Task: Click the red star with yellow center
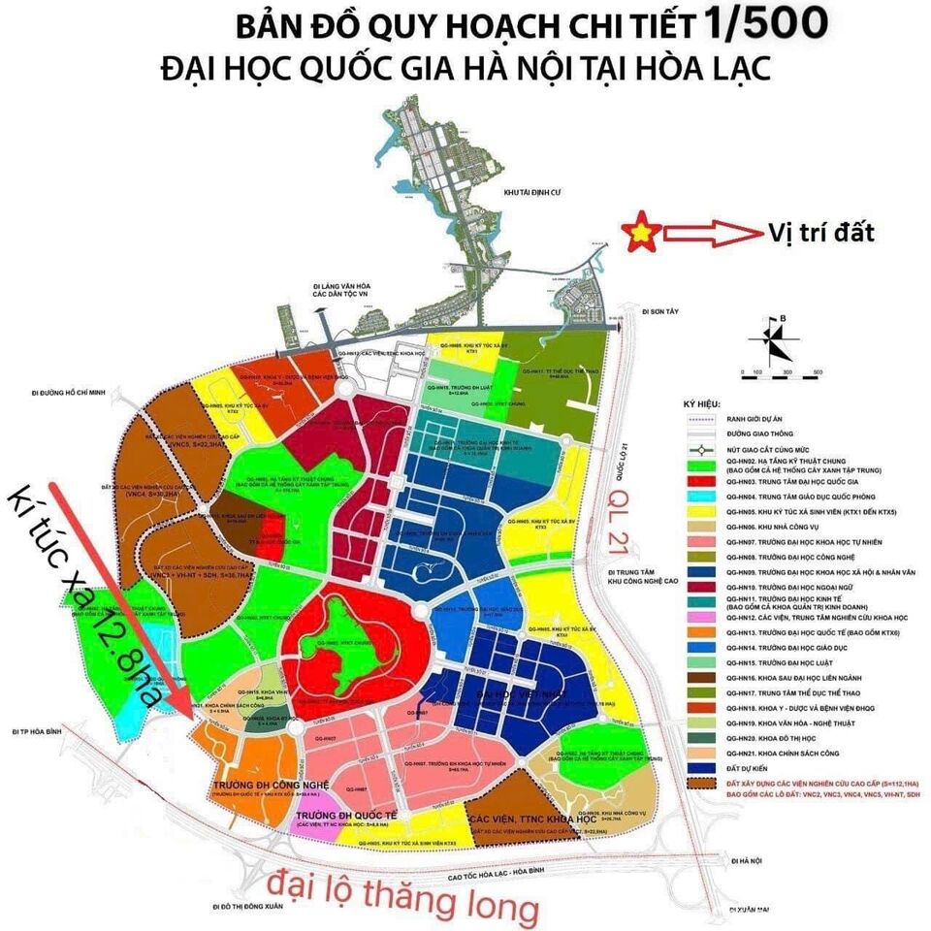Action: [643, 234]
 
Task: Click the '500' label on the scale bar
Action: [819, 373]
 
